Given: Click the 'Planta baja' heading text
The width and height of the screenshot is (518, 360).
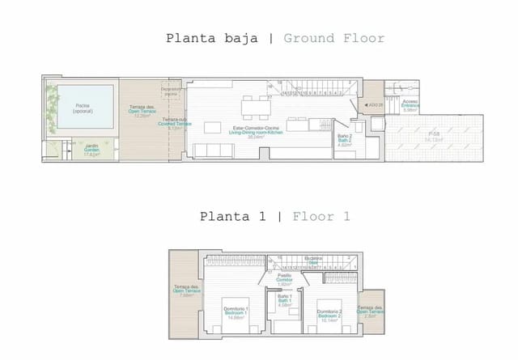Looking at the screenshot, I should (211, 38).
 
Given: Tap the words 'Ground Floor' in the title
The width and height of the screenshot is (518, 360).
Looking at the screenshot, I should (334, 38).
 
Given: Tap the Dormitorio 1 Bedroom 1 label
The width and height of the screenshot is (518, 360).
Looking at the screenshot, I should (236, 312).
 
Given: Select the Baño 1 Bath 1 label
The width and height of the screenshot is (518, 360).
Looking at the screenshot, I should (284, 300).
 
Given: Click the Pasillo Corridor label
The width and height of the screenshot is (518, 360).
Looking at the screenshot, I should (284, 278).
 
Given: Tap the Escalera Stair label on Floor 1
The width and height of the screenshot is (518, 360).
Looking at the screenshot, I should (313, 260).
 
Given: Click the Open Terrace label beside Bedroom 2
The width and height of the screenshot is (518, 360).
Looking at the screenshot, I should (371, 311).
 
